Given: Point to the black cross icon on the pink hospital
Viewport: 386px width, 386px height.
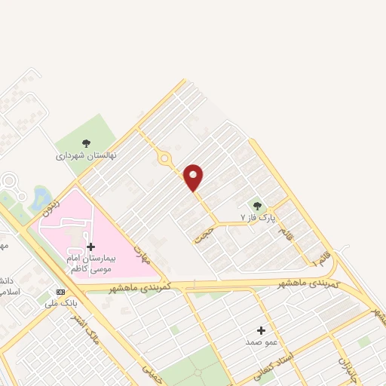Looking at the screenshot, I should (91, 247).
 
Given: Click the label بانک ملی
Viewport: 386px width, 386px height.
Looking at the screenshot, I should (62, 303).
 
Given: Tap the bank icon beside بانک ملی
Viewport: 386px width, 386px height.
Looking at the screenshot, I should (61, 292).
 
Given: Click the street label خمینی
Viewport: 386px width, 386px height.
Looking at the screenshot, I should (148, 367).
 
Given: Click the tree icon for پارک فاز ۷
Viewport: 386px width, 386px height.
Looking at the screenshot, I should (257, 205).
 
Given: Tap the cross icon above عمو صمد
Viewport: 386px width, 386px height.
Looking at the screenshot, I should (262, 330).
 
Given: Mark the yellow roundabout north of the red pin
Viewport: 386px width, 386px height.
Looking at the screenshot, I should (164, 158).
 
